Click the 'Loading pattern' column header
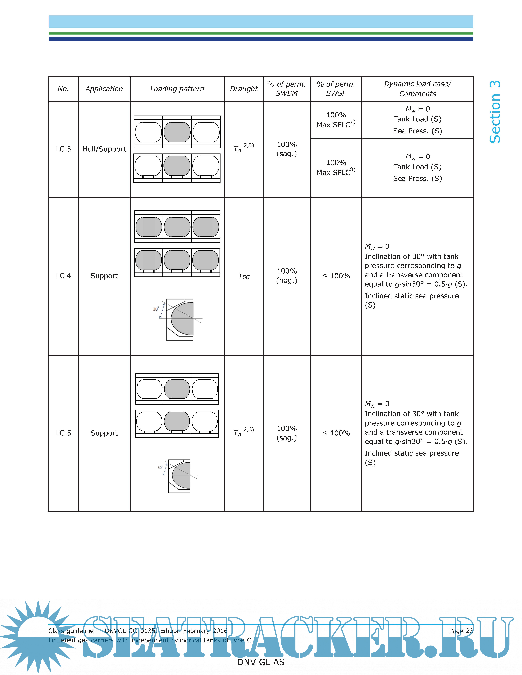177,89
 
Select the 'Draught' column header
244,89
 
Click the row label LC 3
63,149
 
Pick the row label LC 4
63,276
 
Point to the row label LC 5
63,433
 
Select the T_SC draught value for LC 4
244,276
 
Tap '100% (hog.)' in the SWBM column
287,276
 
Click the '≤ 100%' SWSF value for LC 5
336,433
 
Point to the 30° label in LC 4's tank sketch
156,309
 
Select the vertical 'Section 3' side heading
495,112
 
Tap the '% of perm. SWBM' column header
287,89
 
